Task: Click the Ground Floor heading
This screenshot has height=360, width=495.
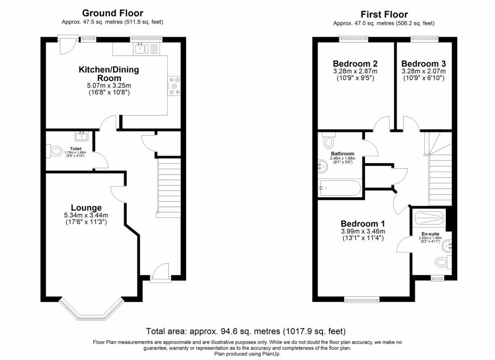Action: [x=112, y=13]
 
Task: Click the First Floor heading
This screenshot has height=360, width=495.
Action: [x=384, y=14]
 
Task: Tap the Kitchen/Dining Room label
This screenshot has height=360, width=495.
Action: [x=109, y=73]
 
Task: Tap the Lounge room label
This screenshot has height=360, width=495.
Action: [x=86, y=208]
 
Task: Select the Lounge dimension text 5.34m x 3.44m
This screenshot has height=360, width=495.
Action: [x=86, y=215]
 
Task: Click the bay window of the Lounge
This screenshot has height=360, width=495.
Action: [x=90, y=310]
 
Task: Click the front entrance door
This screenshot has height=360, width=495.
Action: [x=160, y=272]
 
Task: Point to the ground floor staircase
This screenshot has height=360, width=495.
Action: [x=169, y=186]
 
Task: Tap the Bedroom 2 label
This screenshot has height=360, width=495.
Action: [x=355, y=63]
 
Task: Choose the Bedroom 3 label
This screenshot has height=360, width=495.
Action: [x=423, y=63]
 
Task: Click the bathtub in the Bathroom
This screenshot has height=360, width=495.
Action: [x=339, y=188]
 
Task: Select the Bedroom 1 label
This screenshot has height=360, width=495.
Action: [x=363, y=224]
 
